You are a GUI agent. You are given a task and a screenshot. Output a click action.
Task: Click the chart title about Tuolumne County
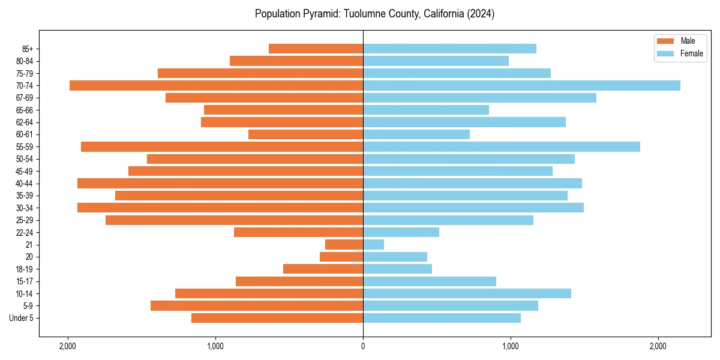click(x=374, y=14)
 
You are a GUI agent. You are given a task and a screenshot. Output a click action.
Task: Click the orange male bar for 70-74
click(x=216, y=85)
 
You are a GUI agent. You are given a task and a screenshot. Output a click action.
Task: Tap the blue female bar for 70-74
click(x=521, y=85)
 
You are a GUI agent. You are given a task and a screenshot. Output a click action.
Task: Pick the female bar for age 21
click(x=373, y=244)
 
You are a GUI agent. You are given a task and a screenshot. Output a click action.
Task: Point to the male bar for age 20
click(x=341, y=257)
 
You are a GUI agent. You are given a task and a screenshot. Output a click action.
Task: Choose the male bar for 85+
click(x=316, y=49)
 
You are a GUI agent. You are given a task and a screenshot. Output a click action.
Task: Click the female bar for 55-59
click(x=502, y=146)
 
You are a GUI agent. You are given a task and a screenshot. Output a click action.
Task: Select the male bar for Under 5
click(x=277, y=318)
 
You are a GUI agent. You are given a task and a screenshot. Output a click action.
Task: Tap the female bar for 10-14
click(x=467, y=293)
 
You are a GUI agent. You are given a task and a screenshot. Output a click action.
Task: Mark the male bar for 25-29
click(x=234, y=220)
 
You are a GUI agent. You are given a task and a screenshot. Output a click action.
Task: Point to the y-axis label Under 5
click(x=22, y=318)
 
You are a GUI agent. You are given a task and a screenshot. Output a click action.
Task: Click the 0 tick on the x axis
click(x=363, y=346)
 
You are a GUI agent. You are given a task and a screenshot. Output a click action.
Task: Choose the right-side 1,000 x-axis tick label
click(x=511, y=346)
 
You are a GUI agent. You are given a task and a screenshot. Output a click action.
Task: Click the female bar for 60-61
click(x=416, y=134)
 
